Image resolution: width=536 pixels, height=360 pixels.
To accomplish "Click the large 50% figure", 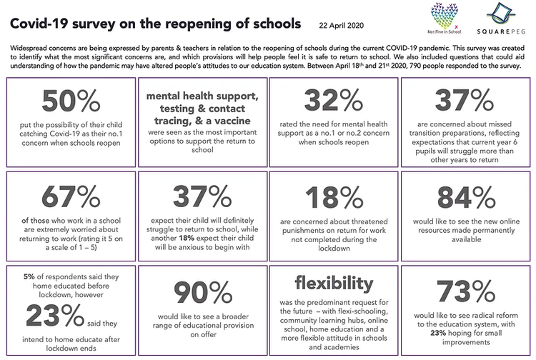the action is click(71, 101).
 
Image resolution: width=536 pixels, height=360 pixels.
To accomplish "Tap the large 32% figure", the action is click(334, 101).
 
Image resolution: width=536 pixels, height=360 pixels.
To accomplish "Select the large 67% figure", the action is click(71, 196).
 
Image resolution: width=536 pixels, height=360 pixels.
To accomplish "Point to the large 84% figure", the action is click(466, 197).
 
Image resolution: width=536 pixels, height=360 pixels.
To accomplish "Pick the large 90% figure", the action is click(203, 293).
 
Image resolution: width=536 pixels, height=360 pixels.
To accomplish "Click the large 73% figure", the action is click(466, 291).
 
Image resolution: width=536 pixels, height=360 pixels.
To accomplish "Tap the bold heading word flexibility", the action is click(334, 284).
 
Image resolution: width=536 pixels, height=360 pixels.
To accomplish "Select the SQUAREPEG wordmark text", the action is click(501, 31).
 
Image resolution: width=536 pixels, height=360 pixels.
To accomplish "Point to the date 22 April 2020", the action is click(341, 25).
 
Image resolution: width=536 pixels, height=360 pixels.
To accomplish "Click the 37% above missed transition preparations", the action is click(465, 101).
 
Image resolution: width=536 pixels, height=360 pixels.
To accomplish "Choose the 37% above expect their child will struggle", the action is click(202, 196).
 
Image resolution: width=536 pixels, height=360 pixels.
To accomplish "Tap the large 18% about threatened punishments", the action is click(334, 197).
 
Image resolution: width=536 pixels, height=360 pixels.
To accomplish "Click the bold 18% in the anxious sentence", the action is click(187, 238).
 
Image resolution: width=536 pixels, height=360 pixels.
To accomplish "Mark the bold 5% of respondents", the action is click(29, 276).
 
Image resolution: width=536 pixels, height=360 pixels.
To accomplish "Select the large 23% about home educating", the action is click(55, 315).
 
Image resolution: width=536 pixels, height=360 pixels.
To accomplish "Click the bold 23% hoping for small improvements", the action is click(438, 333).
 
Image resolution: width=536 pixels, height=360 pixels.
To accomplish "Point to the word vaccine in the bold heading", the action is click(233, 121).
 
